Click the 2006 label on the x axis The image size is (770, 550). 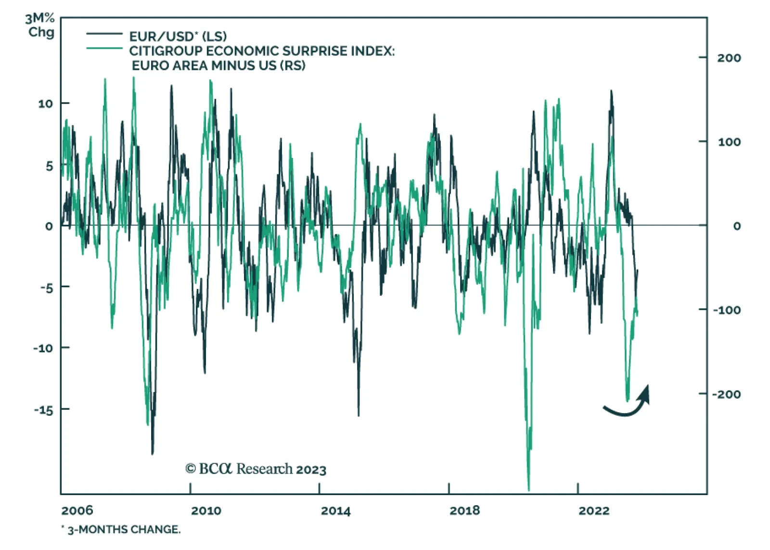77,511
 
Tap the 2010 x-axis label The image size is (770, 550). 206,511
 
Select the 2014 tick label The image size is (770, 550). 335,511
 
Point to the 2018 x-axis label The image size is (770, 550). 464,511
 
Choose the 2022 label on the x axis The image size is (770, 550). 594,511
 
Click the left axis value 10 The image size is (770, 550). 45,104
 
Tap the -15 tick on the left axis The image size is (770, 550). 43,410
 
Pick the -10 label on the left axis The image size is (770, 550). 43,348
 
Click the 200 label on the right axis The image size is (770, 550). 729,58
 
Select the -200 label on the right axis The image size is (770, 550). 726,394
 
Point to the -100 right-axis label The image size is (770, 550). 726,310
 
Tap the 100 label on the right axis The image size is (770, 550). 729,142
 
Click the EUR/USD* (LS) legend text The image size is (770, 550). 178,36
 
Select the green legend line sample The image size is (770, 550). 104,48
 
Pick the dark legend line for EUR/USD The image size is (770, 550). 104,34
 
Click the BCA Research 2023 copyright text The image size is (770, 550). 256,469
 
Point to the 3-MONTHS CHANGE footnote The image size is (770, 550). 123,529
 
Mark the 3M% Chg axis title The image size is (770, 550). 40,26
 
